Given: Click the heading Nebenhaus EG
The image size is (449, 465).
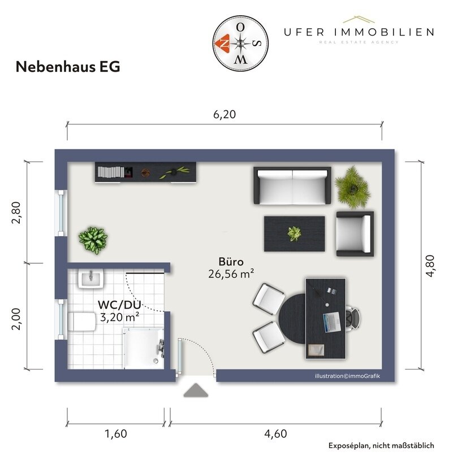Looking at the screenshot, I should pos(68,67).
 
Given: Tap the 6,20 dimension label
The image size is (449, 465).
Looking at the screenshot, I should pos(224,114).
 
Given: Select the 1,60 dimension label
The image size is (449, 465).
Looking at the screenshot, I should pos(115,434).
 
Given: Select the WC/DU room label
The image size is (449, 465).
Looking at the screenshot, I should pos(119,305).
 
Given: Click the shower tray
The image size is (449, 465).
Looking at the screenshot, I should pos(143,349).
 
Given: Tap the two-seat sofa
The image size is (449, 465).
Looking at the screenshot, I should pos(292,186).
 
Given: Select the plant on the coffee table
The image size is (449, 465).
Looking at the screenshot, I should pos(294,233).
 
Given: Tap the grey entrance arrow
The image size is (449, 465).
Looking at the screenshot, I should pos(195,390).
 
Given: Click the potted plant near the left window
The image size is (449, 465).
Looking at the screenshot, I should pos(93,239).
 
